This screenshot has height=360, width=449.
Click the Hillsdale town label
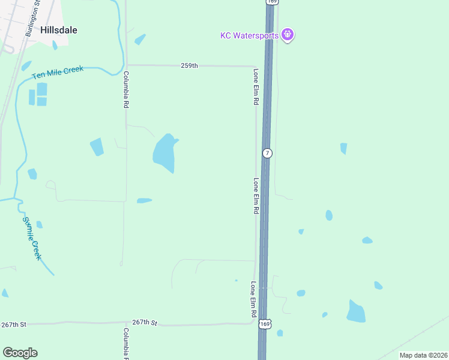(59, 29)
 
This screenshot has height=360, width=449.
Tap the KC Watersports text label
(249, 35)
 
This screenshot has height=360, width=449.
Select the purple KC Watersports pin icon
(288, 34)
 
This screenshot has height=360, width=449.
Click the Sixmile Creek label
(32, 238)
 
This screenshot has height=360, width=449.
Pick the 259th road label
(189, 65)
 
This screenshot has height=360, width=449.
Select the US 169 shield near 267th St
(265, 324)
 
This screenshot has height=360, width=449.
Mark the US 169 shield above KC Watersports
(272, 2)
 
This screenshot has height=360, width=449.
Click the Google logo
(20, 353)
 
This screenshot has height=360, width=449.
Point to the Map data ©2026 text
(423, 355)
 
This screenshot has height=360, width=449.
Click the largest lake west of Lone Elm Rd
(164, 152)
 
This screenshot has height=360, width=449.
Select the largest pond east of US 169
(356, 311)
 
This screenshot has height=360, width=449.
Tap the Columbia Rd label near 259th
(126, 89)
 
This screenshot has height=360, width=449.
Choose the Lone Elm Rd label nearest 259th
(256, 87)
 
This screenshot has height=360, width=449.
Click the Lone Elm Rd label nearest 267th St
(254, 300)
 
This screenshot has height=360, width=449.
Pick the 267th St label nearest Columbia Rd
(145, 322)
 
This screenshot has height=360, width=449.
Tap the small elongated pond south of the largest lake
(144, 200)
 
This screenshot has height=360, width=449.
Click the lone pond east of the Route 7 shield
(343, 148)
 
